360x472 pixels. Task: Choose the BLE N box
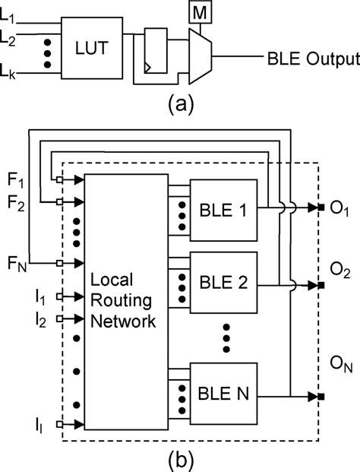[x=226, y=394]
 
